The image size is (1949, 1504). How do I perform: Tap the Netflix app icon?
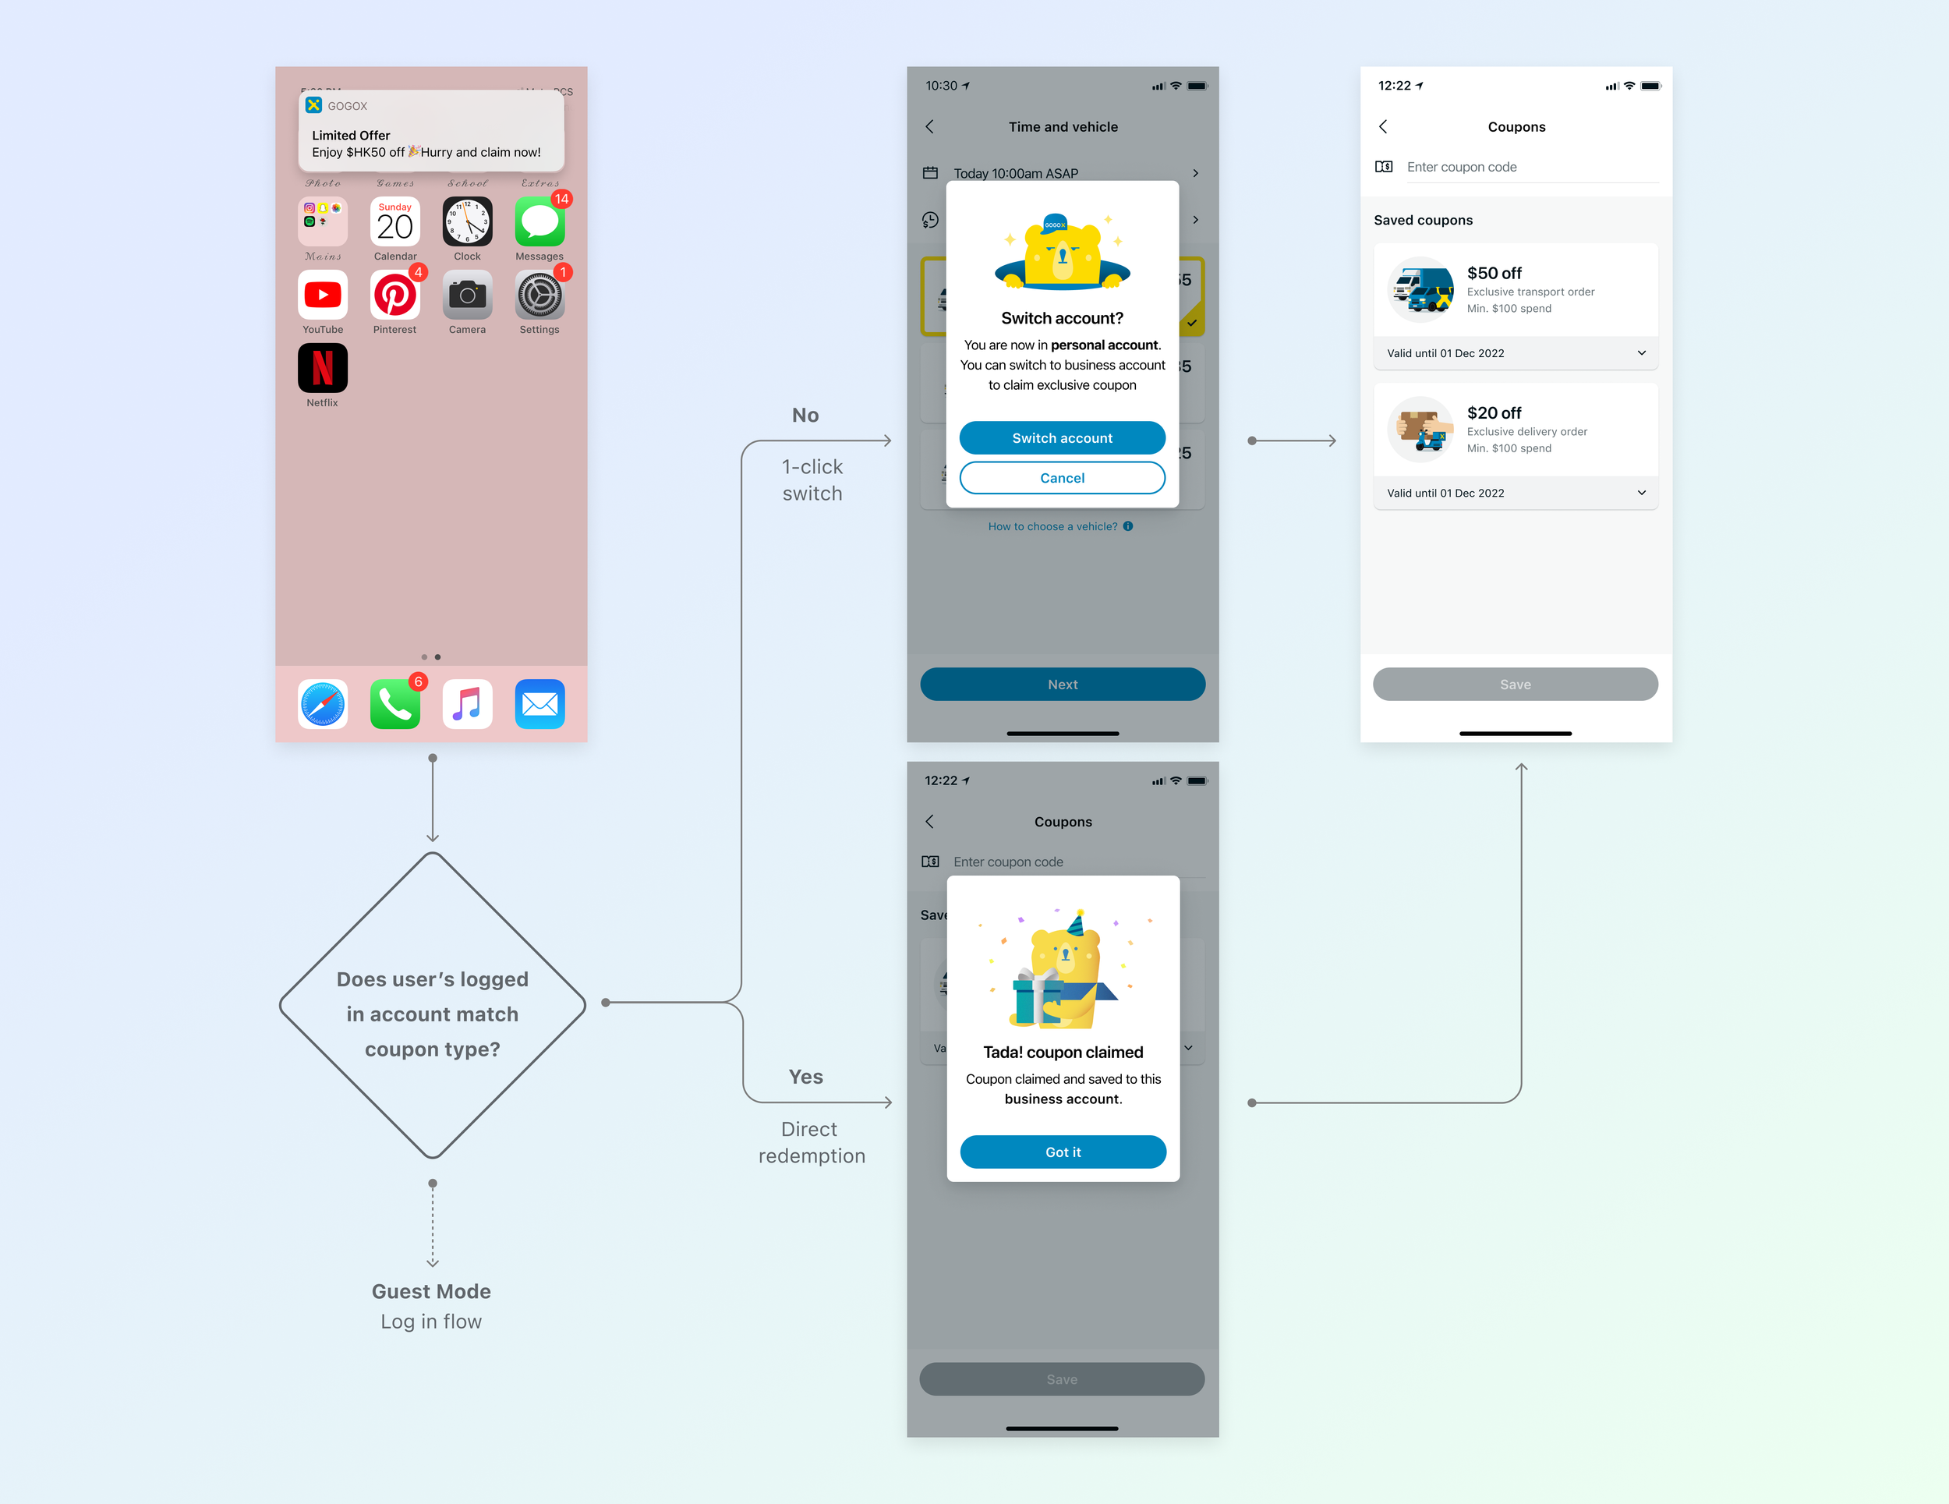click(322, 368)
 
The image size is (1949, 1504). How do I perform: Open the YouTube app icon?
click(322, 295)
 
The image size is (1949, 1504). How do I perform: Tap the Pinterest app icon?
click(394, 295)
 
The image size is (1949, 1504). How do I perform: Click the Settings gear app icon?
click(539, 295)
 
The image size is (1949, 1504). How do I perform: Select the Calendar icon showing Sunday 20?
click(394, 221)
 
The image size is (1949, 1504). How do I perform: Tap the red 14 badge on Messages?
click(561, 199)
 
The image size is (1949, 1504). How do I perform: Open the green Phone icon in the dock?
click(394, 704)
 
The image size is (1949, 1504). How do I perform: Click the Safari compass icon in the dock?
click(322, 704)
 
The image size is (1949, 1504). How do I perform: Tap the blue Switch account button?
click(1062, 438)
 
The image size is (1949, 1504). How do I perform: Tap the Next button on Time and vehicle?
click(1062, 685)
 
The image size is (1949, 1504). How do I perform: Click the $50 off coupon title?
click(1494, 273)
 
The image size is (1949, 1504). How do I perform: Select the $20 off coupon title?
click(1494, 413)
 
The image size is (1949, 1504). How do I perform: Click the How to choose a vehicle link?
click(1053, 526)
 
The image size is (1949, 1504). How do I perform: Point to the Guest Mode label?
click(431, 1292)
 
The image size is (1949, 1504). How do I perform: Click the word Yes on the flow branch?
click(806, 1078)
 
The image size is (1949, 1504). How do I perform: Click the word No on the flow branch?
click(805, 415)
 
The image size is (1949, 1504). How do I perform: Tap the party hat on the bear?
click(1076, 923)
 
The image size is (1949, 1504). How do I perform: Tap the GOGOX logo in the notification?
click(314, 105)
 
